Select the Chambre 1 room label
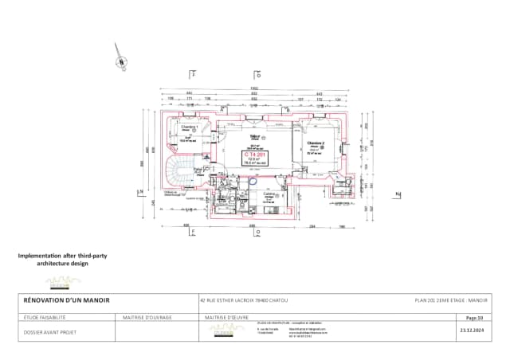(x=189, y=127)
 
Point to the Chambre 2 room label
(x=314, y=143)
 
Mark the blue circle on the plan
(x=253, y=181)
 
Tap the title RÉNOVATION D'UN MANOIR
(x=67, y=300)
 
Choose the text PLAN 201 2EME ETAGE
(x=451, y=300)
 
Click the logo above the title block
(x=64, y=281)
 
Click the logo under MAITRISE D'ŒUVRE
(x=222, y=331)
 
